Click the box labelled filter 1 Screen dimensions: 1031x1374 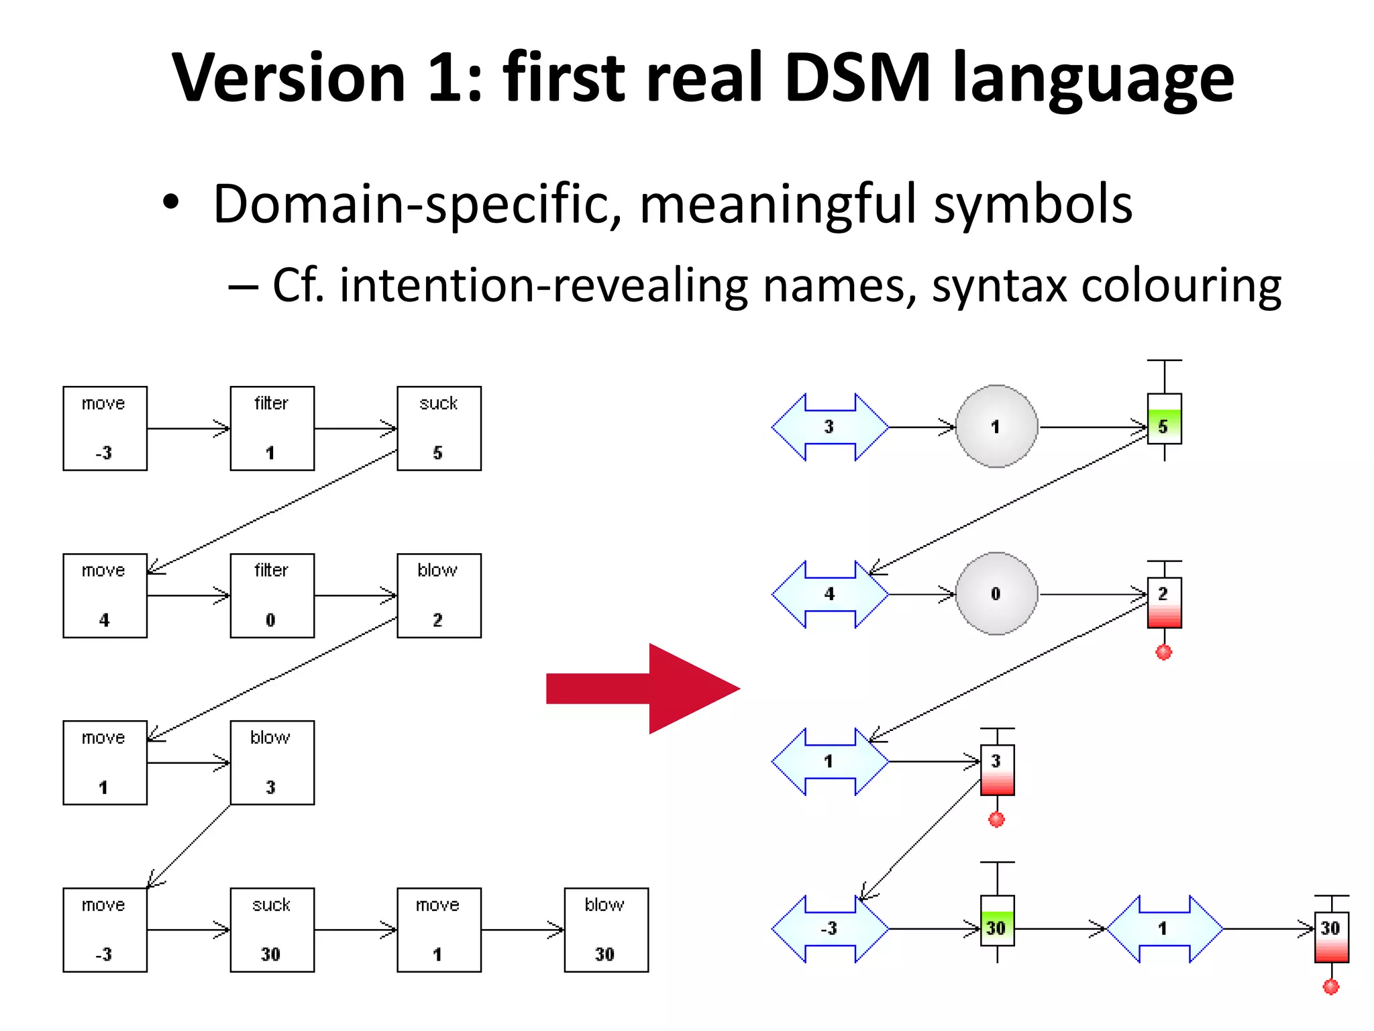click(x=272, y=428)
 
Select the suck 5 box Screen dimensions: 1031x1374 click(x=439, y=428)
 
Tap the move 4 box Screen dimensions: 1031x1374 click(x=105, y=595)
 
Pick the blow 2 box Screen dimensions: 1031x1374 click(x=439, y=595)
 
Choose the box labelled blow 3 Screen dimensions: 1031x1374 click(x=272, y=763)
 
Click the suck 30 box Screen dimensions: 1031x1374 click(x=272, y=930)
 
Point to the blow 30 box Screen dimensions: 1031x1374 click(x=606, y=930)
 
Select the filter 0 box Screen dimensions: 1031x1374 click(x=272, y=595)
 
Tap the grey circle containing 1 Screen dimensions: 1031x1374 click(x=996, y=426)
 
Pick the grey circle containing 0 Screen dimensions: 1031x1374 click(x=996, y=593)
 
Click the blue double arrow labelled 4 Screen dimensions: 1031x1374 click(x=830, y=594)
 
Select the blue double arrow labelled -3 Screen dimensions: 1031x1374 click(x=830, y=929)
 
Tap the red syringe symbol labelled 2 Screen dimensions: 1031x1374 click(x=1164, y=603)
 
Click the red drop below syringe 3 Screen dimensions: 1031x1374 click(x=997, y=820)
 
